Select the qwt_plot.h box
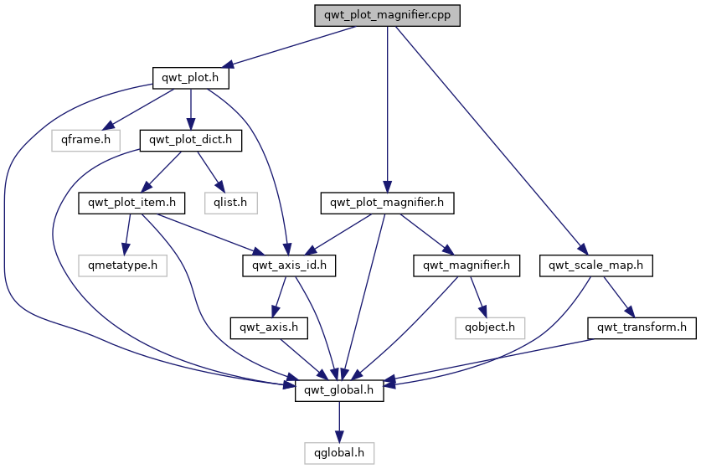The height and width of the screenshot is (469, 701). (191, 77)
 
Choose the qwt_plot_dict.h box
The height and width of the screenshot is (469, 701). (191, 139)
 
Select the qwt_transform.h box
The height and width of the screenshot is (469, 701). (642, 327)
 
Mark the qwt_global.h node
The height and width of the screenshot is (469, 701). (339, 389)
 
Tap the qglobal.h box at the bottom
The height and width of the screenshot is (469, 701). (339, 452)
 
